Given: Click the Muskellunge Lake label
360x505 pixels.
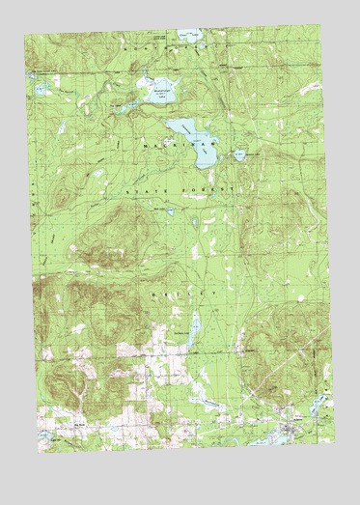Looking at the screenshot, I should coord(161,86).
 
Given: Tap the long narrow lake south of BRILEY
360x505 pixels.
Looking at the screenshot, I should coord(194,327).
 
